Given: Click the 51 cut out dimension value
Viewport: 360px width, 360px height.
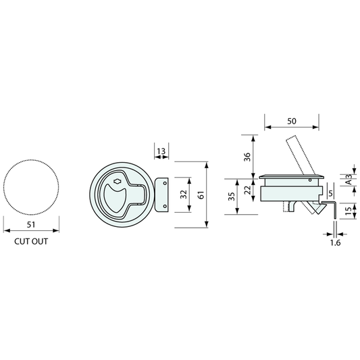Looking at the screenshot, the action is pyautogui.click(x=31, y=224).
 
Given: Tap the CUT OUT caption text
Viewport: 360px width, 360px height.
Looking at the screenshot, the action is pyautogui.click(x=31, y=242).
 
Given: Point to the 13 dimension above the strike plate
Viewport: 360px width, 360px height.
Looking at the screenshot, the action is pyautogui.click(x=161, y=151).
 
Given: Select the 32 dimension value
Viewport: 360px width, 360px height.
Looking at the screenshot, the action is pyautogui.click(x=183, y=195).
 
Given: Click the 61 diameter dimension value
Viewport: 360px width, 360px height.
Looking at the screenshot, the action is pyautogui.click(x=201, y=195).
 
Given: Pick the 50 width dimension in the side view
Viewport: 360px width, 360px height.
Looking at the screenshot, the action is pyautogui.click(x=292, y=121).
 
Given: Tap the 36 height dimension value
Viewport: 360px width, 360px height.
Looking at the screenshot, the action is pyautogui.click(x=247, y=157).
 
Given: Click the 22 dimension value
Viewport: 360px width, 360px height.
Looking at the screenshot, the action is pyautogui.click(x=247, y=190).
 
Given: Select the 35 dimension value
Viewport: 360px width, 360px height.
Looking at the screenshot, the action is pyautogui.click(x=232, y=197).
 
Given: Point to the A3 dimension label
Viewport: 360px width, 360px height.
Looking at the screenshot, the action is pyautogui.click(x=349, y=180).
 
